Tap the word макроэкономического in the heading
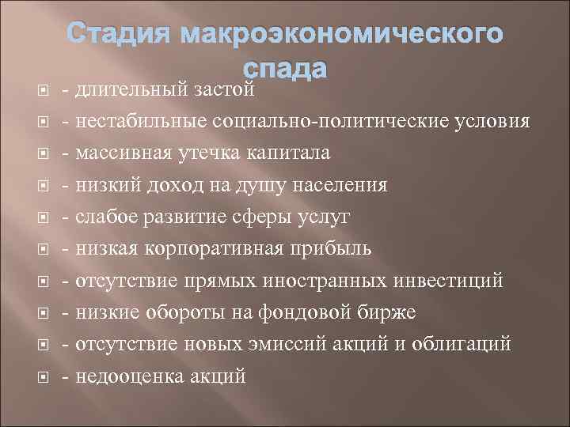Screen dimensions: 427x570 (x=342, y=37)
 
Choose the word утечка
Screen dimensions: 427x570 (x=226, y=153)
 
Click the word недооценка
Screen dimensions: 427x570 (x=130, y=376)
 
